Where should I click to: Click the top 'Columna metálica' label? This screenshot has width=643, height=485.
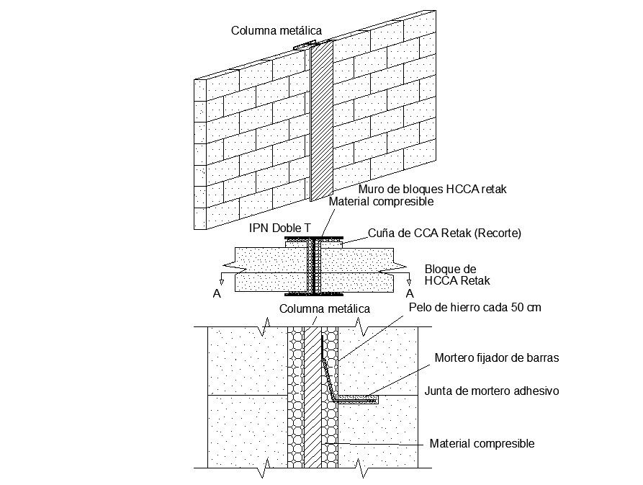click(x=276, y=30)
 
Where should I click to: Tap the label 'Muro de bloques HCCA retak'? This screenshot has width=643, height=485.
click(x=433, y=189)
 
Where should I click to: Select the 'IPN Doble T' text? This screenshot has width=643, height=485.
click(x=280, y=228)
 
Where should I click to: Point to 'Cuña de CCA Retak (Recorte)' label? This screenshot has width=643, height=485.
click(x=444, y=233)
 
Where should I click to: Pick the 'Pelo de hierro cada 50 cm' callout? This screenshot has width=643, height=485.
click(x=475, y=308)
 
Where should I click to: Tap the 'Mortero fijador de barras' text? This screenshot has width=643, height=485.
click(x=497, y=357)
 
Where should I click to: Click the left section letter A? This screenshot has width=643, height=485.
click(x=217, y=294)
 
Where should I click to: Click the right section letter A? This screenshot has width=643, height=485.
click(x=410, y=294)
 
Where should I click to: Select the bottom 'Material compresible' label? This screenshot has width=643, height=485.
click(x=482, y=444)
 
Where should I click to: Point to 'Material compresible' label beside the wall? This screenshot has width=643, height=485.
click(x=381, y=202)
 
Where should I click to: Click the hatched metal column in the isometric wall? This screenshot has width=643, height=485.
click(x=321, y=123)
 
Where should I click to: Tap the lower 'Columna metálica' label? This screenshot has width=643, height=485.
click(x=325, y=308)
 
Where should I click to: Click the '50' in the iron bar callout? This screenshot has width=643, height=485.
click(x=516, y=308)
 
